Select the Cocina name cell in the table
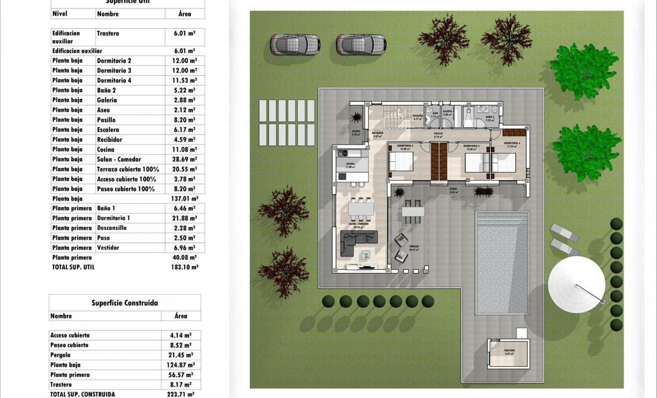(x=106, y=149)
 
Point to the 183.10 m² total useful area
(x=184, y=267)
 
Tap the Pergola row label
(x=61, y=355)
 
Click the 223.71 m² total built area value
(x=180, y=394)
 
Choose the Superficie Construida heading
(x=125, y=302)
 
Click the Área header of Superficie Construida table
(x=181, y=316)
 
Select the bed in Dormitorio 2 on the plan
(x=401, y=161)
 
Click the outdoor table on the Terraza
(x=413, y=211)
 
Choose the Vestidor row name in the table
(x=108, y=248)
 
